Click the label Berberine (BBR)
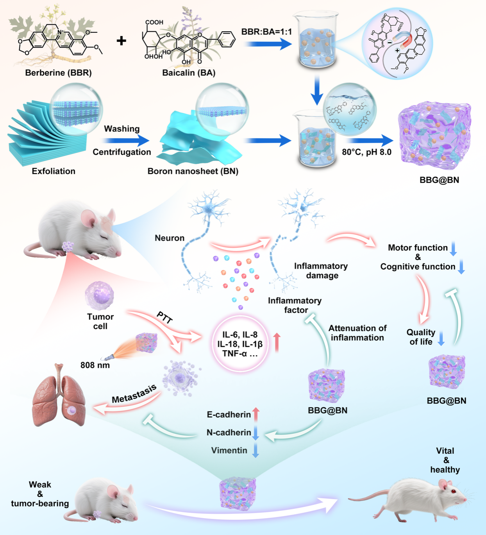(58, 73)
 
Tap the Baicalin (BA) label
(189, 73)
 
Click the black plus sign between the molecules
(121, 41)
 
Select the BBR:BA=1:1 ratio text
(266, 32)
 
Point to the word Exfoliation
(54, 171)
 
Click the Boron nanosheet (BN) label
(193, 171)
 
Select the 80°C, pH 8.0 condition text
(366, 152)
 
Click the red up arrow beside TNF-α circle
(277, 342)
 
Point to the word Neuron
(170, 238)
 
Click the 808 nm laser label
(95, 365)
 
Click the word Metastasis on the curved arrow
(134, 394)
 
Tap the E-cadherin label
(229, 415)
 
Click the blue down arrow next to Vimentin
(256, 450)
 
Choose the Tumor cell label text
(100, 321)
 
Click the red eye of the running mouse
(453, 491)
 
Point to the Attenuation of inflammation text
(357, 333)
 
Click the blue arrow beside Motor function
(453, 249)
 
